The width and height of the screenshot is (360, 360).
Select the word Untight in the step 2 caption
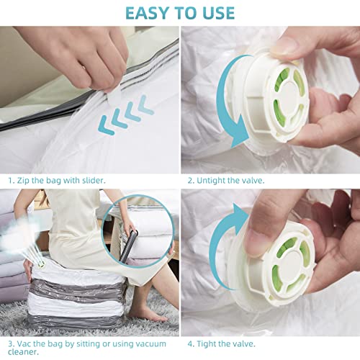point(217,179)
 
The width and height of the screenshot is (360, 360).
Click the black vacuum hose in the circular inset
point(129,240)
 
